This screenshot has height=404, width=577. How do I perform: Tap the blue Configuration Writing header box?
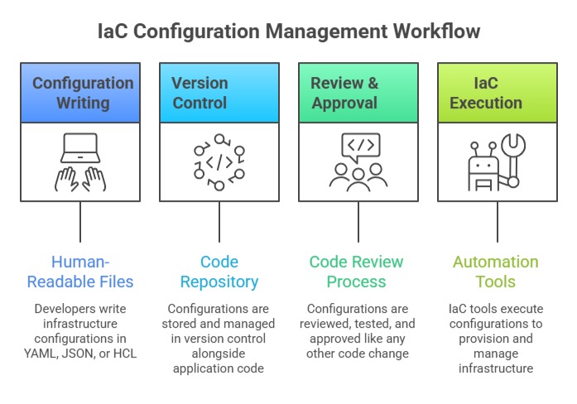tap(80, 93)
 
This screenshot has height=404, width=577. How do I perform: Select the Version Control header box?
tap(219, 93)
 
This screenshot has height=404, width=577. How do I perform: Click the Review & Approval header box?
tap(358, 93)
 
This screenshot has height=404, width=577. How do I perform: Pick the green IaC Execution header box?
tap(498, 93)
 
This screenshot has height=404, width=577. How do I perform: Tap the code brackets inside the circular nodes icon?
tap(219, 162)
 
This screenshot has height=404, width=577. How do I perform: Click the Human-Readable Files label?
tap(80, 272)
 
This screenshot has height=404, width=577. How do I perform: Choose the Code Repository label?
tap(219, 272)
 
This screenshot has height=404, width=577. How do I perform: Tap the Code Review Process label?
tap(358, 272)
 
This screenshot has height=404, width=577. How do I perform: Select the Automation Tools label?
tap(496, 272)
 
